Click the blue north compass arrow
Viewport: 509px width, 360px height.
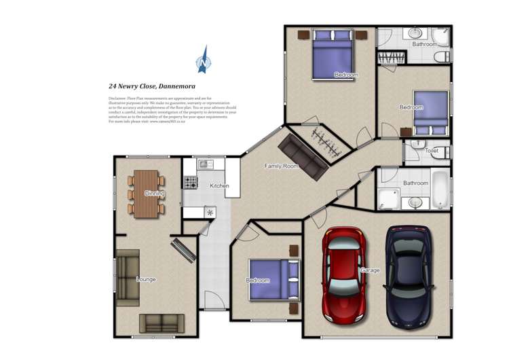pos(203,60)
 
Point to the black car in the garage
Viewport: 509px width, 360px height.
pos(408,276)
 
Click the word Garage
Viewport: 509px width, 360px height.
pos(370,270)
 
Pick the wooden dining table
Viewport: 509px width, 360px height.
pos(146,194)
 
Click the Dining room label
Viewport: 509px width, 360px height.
pos(154,194)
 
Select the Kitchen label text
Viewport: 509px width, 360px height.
pos(219,185)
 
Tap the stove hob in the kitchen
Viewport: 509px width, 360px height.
pos(190,182)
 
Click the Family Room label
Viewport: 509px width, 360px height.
pos(281,166)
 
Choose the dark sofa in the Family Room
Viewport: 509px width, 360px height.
pos(303,156)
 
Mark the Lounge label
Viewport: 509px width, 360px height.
pos(146,279)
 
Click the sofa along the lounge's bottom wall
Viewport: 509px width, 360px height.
pos(161,323)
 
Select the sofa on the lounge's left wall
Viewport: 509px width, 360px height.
pos(127,276)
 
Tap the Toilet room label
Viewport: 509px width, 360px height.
pos(431,151)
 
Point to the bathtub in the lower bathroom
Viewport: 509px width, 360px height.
pos(440,190)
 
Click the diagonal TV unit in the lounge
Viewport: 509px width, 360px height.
pos(183,250)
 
